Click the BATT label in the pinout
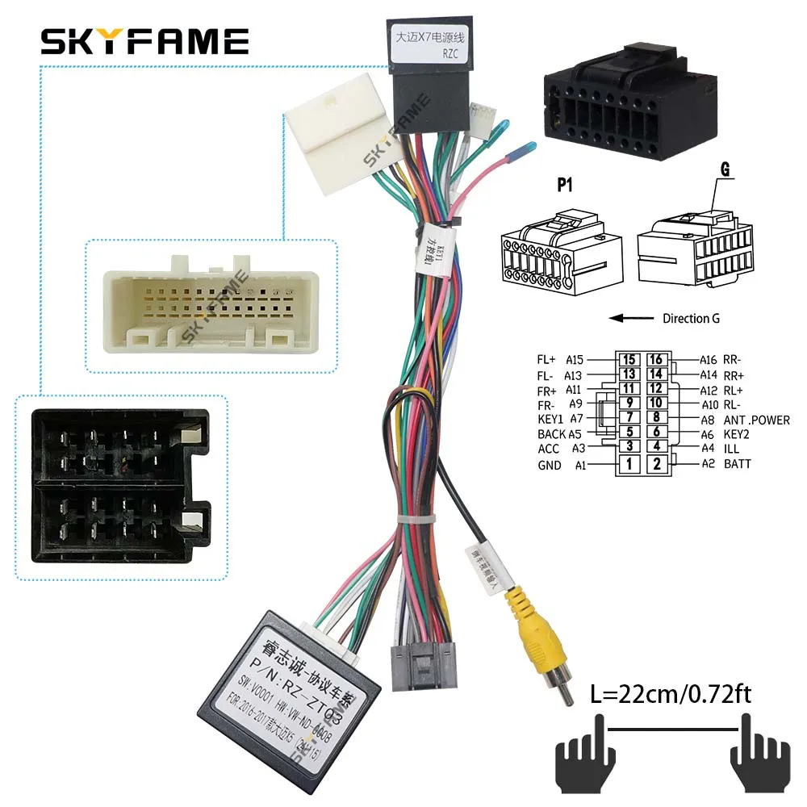[738, 464]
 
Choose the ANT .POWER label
[756, 420]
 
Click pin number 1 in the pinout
[629, 464]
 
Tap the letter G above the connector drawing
[701, 170]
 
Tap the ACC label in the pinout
[549, 449]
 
